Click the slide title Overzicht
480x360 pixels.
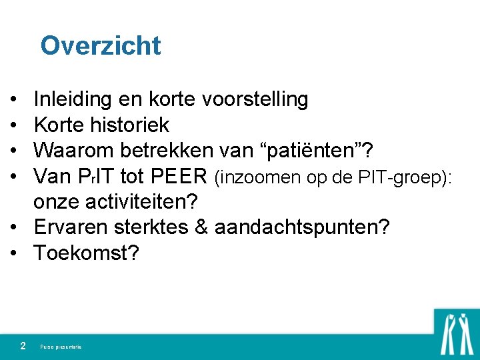pyautogui.click(x=100, y=46)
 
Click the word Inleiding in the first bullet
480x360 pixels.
pyautogui.click(x=73, y=100)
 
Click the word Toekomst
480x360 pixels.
pyautogui.click(x=85, y=253)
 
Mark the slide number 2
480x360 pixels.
pyautogui.click(x=23, y=346)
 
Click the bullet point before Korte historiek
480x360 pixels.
pyautogui.click(x=14, y=125)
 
